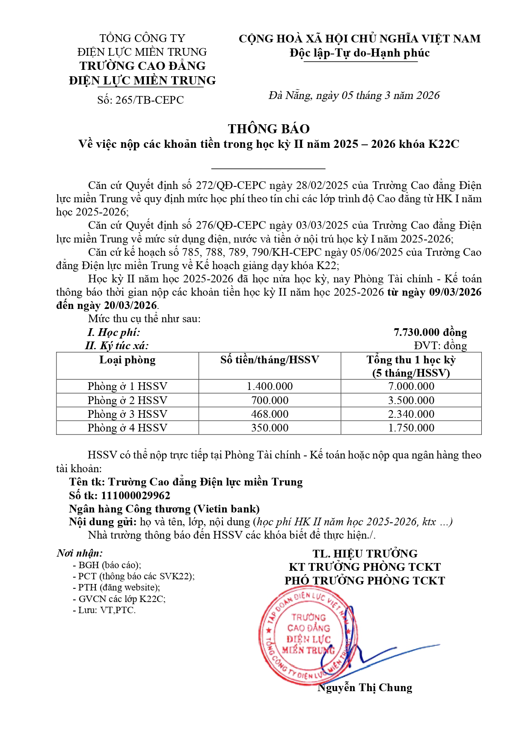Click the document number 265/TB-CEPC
[149, 100]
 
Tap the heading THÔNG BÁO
[269, 129]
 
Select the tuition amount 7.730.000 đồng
[430, 332]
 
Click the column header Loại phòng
[128, 360]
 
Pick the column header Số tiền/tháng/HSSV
[270, 360]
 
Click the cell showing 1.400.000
[270, 386]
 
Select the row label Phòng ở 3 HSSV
[128, 414]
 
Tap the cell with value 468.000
[270, 414]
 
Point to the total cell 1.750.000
[411, 428]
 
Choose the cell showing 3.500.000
[411, 400]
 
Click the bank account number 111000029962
[136, 495]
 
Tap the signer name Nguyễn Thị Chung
[365, 688]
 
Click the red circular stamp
[308, 636]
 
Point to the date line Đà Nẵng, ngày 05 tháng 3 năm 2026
[354, 95]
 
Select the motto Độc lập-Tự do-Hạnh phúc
[359, 53]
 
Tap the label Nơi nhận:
[80, 553]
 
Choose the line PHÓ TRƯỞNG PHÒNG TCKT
[365, 581]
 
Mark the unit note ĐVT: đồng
[440, 345]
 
